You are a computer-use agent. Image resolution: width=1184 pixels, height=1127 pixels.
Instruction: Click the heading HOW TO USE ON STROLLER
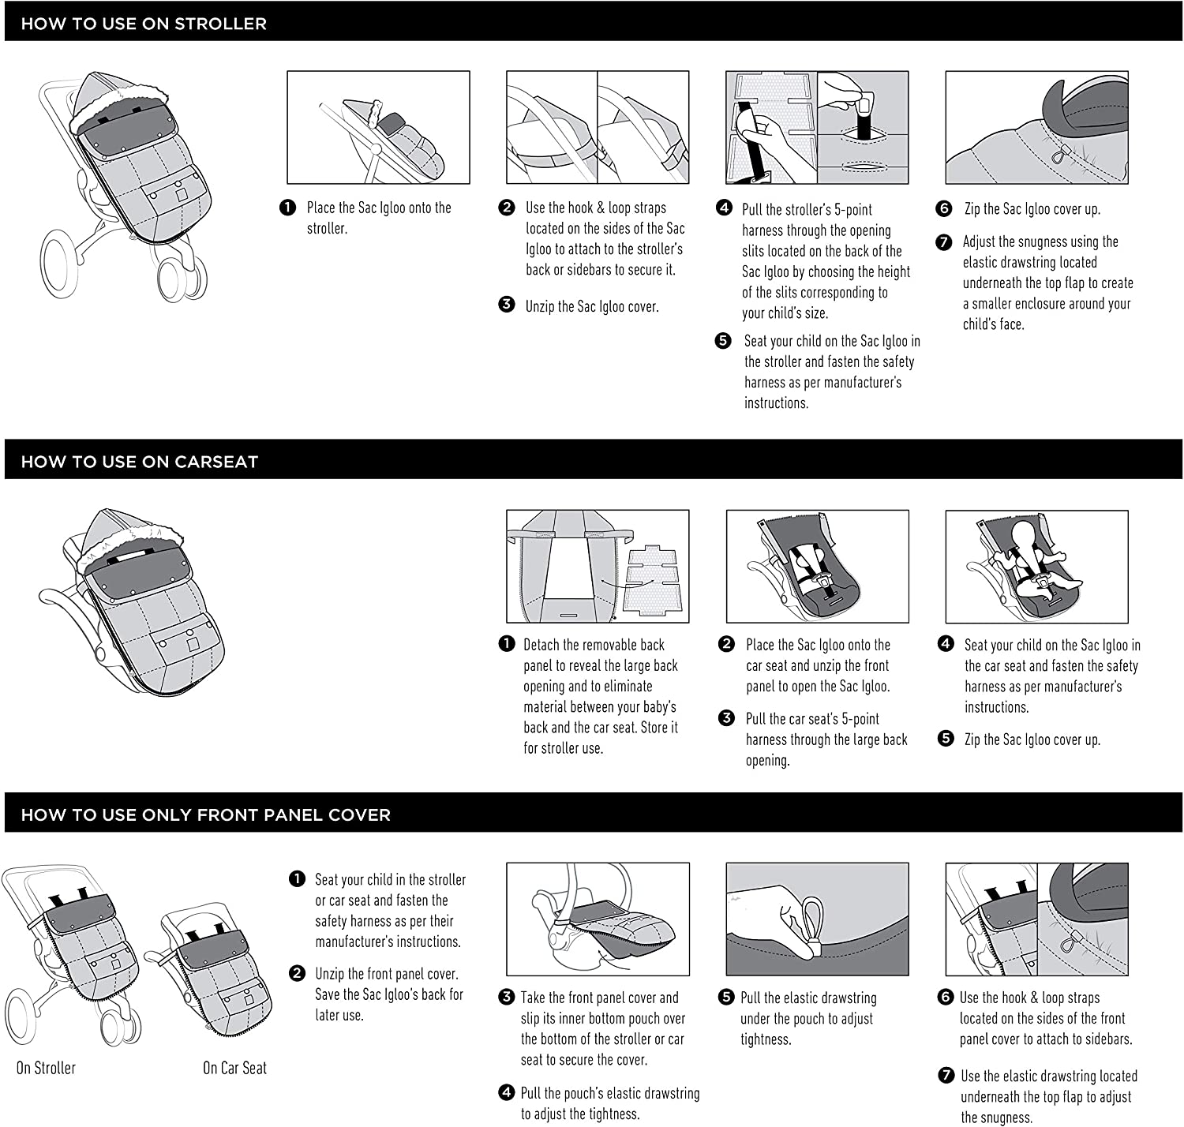(144, 24)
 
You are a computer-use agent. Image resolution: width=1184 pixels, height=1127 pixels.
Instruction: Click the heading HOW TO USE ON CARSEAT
(140, 462)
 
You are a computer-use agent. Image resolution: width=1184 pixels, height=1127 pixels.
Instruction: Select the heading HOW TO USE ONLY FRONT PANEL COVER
(205, 814)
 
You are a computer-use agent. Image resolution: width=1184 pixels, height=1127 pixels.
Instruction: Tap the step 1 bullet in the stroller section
(287, 208)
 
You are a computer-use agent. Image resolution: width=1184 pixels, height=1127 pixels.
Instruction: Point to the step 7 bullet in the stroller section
(944, 242)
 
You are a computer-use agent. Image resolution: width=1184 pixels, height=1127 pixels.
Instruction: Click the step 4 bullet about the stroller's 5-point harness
(724, 208)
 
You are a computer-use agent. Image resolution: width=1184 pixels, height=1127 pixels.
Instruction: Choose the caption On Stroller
(46, 1068)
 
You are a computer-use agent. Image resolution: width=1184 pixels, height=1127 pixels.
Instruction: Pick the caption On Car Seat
(234, 1068)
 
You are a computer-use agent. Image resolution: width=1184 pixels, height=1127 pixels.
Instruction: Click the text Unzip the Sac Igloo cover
(591, 306)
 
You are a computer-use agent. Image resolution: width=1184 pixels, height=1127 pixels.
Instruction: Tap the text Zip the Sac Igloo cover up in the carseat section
(1032, 739)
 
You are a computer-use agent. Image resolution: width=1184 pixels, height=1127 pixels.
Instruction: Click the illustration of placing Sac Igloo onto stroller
(378, 128)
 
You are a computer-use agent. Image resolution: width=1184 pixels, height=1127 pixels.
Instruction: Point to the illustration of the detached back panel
(598, 566)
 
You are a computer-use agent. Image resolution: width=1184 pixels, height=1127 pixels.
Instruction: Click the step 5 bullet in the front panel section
(727, 998)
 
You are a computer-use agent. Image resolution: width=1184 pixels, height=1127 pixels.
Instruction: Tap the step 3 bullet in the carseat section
(727, 718)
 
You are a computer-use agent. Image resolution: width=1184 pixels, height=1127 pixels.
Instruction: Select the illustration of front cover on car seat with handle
(598, 919)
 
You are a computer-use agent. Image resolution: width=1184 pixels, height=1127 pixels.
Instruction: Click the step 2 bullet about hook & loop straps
(507, 208)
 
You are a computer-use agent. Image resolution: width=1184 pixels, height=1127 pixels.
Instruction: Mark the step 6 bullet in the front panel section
(946, 998)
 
